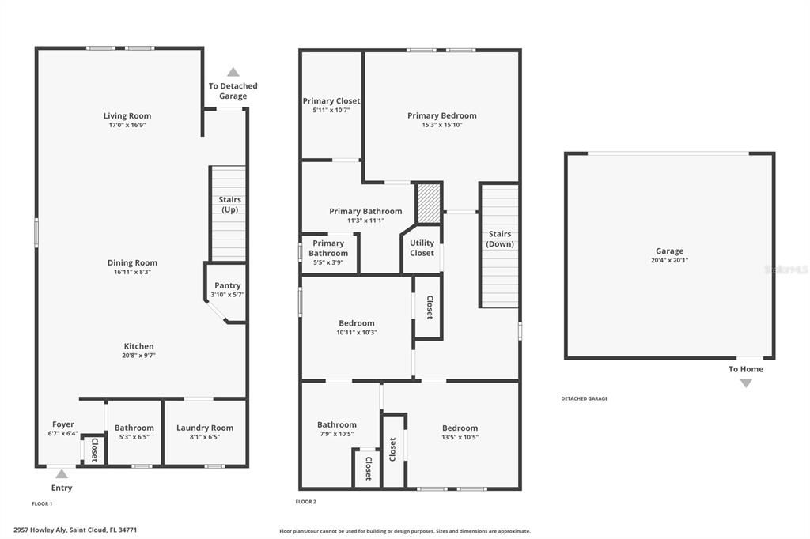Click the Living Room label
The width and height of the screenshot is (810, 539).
click(127, 116)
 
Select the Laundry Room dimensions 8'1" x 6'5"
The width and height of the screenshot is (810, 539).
click(204, 437)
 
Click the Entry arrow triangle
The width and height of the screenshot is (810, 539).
click(62, 473)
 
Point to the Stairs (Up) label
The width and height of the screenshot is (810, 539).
click(229, 205)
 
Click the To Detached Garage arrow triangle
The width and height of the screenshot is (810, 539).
click(233, 72)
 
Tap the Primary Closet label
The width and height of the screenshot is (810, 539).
click(331, 101)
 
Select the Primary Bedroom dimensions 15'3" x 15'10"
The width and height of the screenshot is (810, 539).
click(441, 125)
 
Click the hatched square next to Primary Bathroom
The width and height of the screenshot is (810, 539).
click(428, 202)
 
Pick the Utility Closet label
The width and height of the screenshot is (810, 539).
click(422, 248)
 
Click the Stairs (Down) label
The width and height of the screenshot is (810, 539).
click(499, 239)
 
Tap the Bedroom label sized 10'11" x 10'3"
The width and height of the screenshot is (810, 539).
click(356, 323)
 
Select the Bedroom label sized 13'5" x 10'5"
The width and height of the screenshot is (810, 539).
click(460, 428)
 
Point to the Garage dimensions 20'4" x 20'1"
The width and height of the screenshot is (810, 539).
click(668, 260)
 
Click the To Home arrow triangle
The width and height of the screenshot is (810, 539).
click(745, 383)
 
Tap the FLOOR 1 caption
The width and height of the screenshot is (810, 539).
click(42, 503)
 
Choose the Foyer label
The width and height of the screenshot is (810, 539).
click(63, 424)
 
